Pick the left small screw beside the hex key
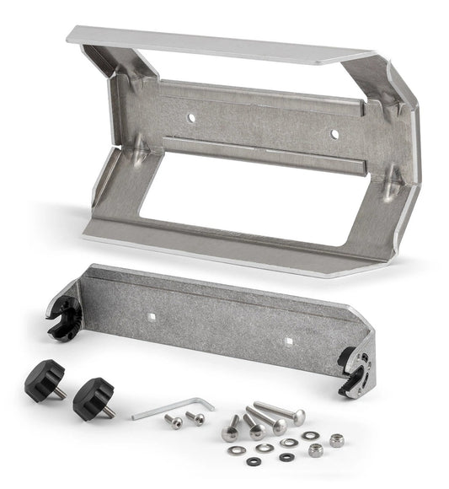click(x=174, y=421)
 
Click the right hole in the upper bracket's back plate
click(x=334, y=133)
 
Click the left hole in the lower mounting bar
click(x=153, y=317)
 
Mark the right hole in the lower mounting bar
click(x=288, y=341)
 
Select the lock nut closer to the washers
click(x=315, y=450)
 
